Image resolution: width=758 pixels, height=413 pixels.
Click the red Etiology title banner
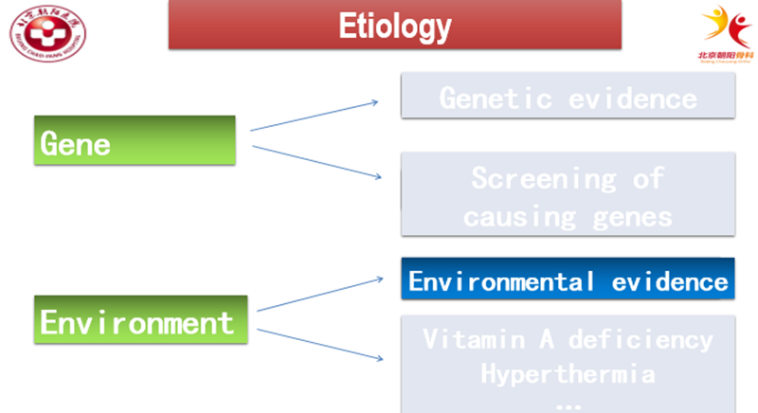(394, 26)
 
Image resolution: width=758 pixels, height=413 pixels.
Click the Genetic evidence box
(568, 97)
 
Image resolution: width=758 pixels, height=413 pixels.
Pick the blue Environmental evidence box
(568, 280)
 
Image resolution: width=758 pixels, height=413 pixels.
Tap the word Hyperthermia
(567, 372)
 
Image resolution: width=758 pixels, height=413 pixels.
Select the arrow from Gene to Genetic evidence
(315, 115)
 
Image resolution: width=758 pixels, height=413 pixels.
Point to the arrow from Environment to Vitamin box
(320, 344)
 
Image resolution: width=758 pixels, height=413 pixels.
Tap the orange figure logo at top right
(724, 27)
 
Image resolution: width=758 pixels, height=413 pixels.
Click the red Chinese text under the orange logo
(724, 55)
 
